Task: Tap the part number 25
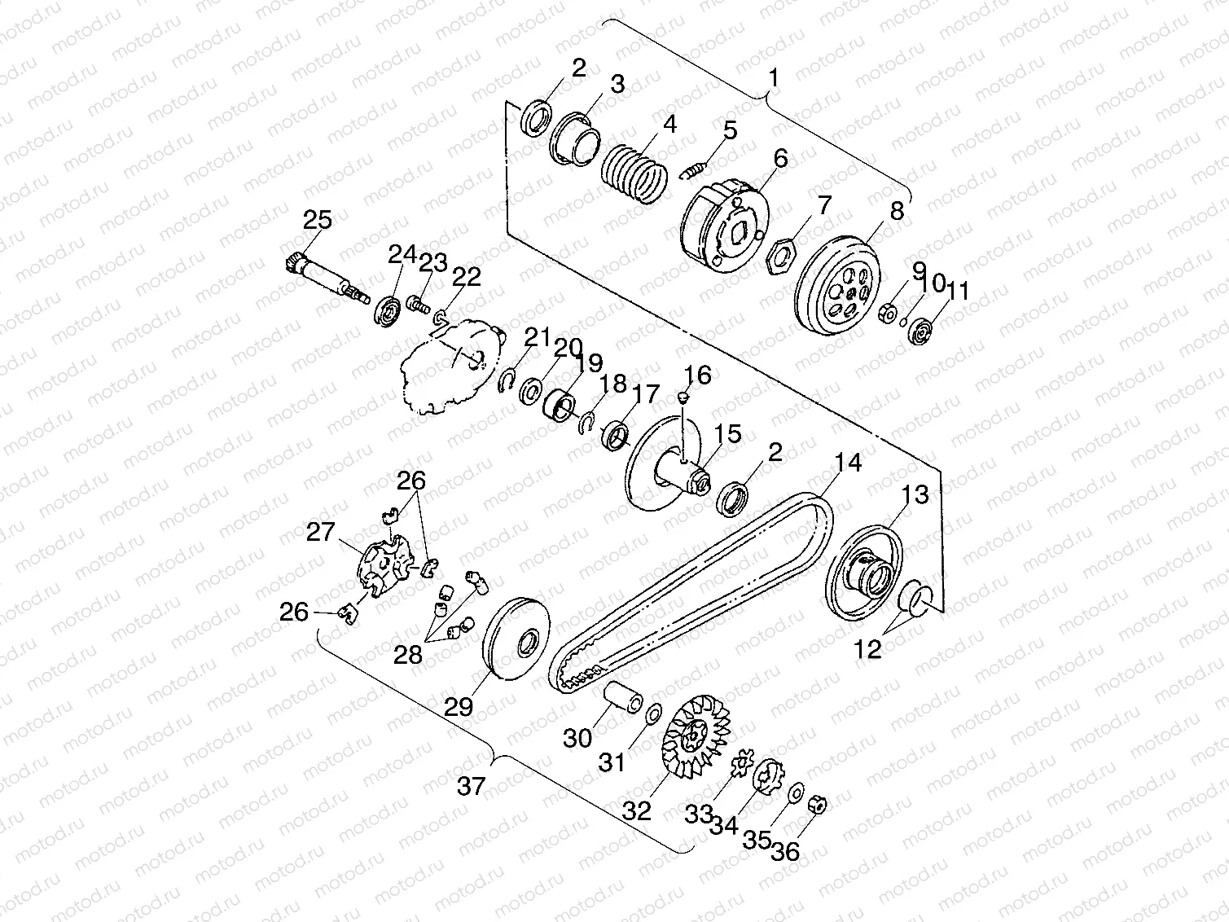pos(318,220)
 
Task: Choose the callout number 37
pos(471,786)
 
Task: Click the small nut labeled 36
pos(820,806)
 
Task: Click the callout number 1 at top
pos(774,78)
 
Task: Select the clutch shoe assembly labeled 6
pos(723,226)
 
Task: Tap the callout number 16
pos(698,375)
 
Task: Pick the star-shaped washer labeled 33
pos(743,765)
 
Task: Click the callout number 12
pos(868,649)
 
